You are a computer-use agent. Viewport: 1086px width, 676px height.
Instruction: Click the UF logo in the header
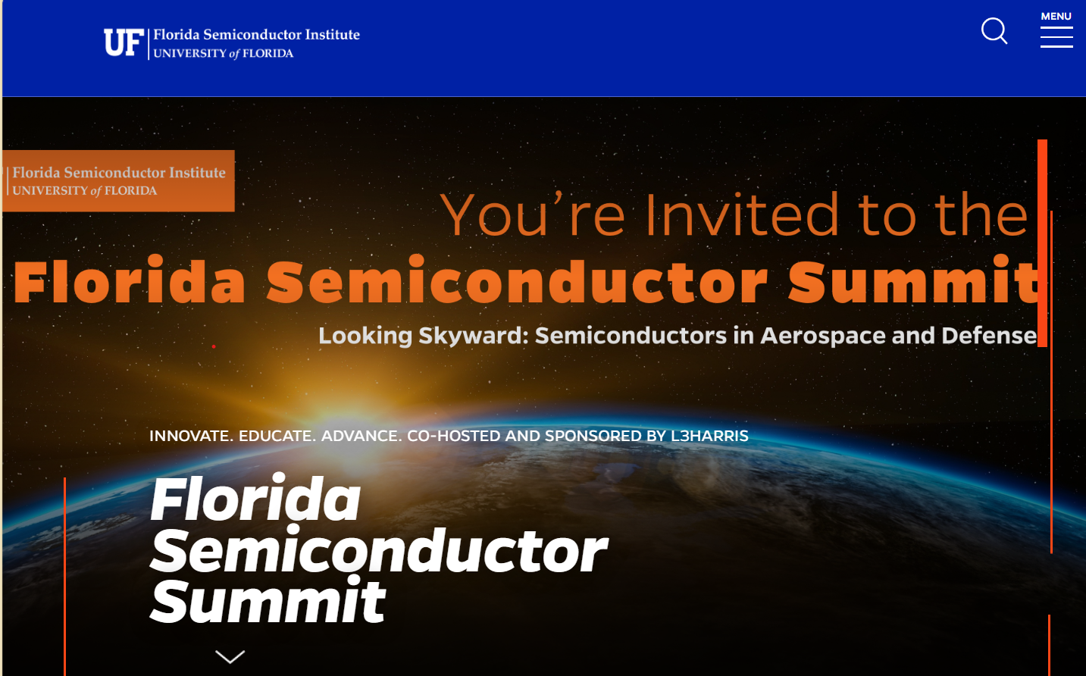pyautogui.click(x=124, y=42)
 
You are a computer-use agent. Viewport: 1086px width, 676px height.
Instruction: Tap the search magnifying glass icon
pyautogui.click(x=994, y=31)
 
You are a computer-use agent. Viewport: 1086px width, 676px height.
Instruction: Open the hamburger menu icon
pyautogui.click(x=1056, y=37)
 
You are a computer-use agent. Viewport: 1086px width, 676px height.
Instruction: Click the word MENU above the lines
pyautogui.click(x=1056, y=16)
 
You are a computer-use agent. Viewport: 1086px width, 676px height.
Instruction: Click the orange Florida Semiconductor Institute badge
pyautogui.click(x=118, y=181)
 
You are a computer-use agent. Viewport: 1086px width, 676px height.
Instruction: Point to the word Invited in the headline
pyautogui.click(x=742, y=214)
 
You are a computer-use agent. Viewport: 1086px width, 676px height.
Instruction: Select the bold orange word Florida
pyautogui.click(x=130, y=280)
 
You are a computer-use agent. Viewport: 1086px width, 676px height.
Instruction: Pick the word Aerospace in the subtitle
pyautogui.click(x=823, y=336)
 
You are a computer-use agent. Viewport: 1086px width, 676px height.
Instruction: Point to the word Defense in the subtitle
pyautogui.click(x=989, y=336)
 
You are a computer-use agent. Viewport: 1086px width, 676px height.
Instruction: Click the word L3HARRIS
pyautogui.click(x=709, y=436)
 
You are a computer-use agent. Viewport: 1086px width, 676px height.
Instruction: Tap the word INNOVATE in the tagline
pyautogui.click(x=191, y=436)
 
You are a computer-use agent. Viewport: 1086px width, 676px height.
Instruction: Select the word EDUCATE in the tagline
pyautogui.click(x=277, y=436)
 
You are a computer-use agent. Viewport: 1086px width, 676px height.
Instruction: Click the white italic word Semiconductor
pyautogui.click(x=379, y=550)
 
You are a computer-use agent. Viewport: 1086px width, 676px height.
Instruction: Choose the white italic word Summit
pyautogui.click(x=268, y=600)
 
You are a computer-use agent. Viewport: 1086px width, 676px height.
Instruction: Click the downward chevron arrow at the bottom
pyautogui.click(x=230, y=656)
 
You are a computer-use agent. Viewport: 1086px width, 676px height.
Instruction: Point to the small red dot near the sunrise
pyautogui.click(x=214, y=346)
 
